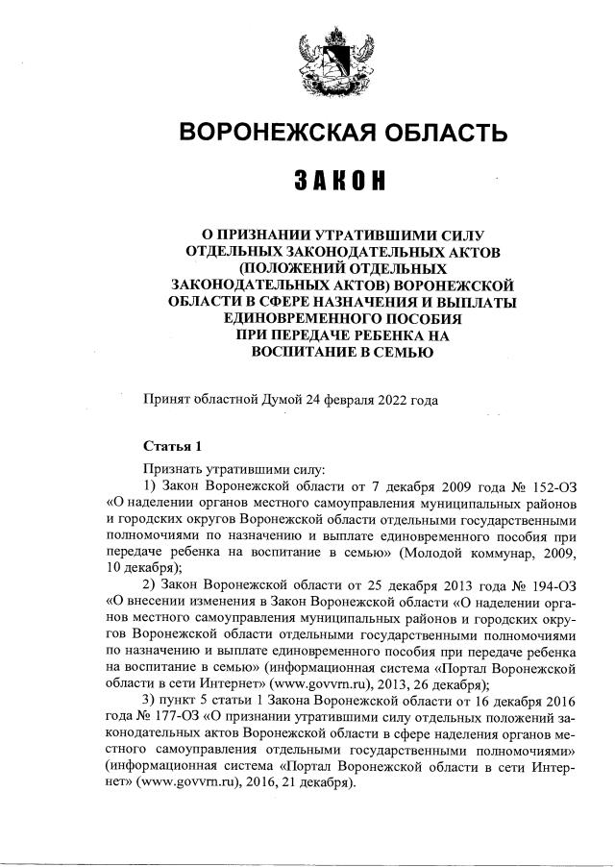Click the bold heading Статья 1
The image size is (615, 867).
[x=172, y=446]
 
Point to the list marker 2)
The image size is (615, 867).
[x=149, y=584]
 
